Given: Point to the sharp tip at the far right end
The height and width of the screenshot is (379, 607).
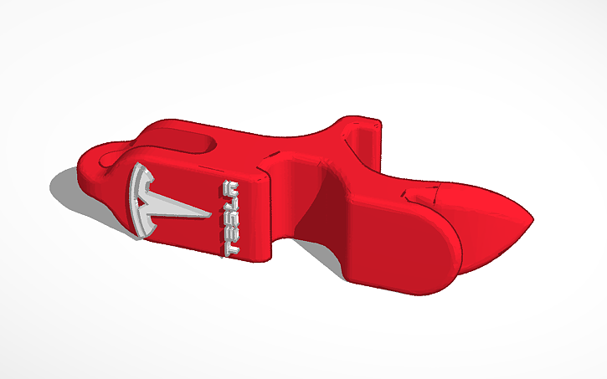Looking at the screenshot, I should coord(531,219).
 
